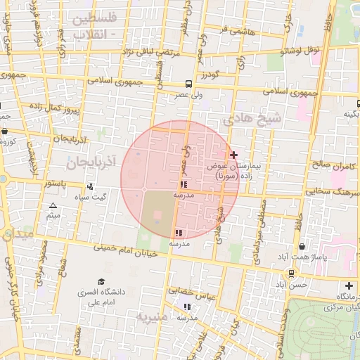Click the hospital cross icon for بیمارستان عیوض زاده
tap(233, 154)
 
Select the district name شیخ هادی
tap(251, 120)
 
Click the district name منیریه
tap(154, 316)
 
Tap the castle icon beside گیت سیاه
tap(90, 187)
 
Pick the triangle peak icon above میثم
tap(53, 206)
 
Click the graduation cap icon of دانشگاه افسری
tap(101, 281)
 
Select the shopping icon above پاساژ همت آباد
tap(302, 247)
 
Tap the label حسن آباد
tap(291, 285)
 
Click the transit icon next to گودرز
tap(188, 84)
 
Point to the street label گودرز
tap(209, 75)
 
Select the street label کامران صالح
tap(335, 166)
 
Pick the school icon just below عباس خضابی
tap(187, 307)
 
